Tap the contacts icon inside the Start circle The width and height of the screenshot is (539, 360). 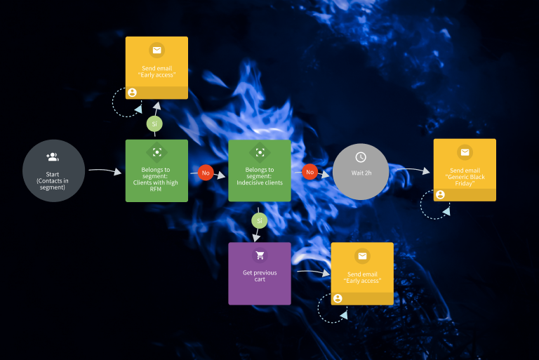[53, 157]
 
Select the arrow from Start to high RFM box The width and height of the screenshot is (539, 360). [105, 171]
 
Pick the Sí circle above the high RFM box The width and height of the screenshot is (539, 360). [155, 124]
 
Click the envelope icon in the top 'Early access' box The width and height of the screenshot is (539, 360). [157, 51]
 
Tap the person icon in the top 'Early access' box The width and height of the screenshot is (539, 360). [132, 92]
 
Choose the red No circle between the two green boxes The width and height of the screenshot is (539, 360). [206, 172]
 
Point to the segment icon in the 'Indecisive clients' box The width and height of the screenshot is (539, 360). [260, 152]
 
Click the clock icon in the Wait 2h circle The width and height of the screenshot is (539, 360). [361, 157]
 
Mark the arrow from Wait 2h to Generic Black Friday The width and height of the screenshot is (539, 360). [411, 170]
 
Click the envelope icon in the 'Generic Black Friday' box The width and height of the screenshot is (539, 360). [465, 152]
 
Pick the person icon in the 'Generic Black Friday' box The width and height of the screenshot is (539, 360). [440, 194]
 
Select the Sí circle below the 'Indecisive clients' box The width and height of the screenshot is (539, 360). [259, 221]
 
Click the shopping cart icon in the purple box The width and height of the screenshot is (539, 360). [260, 256]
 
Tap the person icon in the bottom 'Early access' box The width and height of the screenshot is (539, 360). [338, 298]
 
